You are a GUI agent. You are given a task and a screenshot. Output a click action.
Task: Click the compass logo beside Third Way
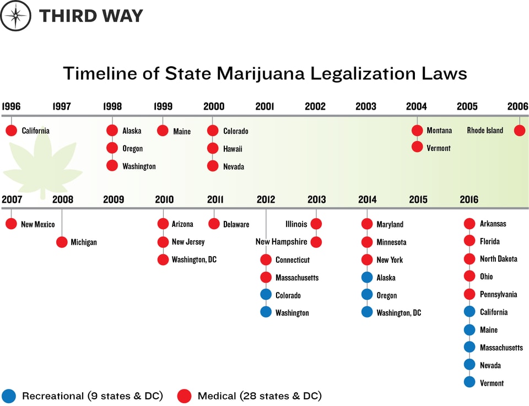(15, 16)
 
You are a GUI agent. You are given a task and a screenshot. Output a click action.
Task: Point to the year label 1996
(11, 106)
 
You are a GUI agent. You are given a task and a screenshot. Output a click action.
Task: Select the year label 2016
(469, 199)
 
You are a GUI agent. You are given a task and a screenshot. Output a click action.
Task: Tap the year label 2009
(114, 199)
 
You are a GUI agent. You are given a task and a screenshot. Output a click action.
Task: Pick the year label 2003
(366, 106)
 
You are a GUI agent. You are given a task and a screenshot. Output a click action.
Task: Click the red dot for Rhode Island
(519, 131)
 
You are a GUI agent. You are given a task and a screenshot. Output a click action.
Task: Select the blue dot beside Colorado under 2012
(266, 295)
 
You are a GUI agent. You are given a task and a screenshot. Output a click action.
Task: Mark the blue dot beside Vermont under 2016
(469, 382)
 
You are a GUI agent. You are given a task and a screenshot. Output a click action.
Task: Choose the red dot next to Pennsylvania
(469, 294)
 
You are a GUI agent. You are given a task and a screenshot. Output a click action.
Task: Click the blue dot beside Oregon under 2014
(367, 295)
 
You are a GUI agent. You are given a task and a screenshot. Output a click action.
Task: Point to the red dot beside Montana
(417, 131)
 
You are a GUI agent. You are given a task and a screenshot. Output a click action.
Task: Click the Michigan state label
(84, 242)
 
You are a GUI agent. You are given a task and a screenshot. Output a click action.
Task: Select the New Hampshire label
(281, 242)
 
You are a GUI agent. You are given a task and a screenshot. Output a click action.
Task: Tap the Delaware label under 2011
(236, 224)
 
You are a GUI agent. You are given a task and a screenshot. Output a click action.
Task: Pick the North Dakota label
(498, 259)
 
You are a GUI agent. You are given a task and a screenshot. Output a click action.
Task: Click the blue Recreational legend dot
(9, 396)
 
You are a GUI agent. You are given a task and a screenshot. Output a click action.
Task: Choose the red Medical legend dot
(185, 396)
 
